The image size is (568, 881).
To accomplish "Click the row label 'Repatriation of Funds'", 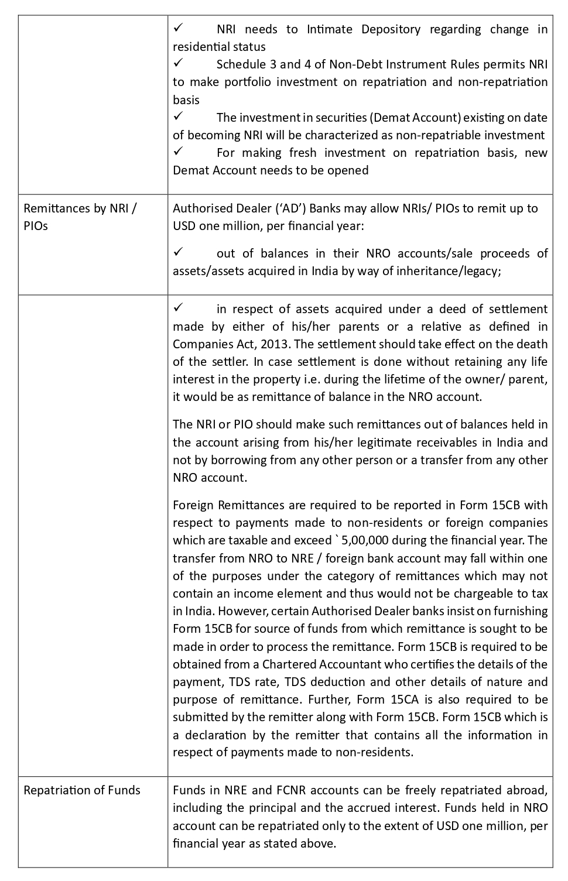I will [82, 790].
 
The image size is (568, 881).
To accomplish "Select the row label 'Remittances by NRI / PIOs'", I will [80, 217].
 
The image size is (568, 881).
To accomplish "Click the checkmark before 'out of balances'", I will [179, 252].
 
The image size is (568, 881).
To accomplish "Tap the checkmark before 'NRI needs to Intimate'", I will [179, 28].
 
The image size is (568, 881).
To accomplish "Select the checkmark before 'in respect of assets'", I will [179, 308].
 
